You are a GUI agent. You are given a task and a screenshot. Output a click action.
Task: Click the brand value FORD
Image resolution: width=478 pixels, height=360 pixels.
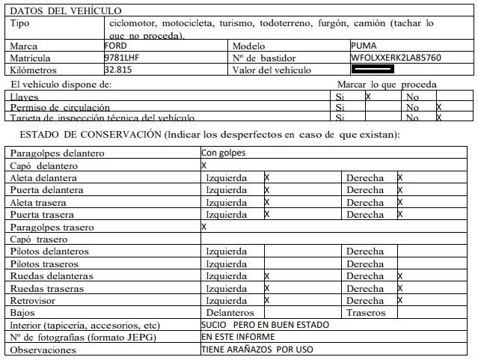pos(115,46)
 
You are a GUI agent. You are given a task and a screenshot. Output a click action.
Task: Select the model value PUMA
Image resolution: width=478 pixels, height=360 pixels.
pos(364,46)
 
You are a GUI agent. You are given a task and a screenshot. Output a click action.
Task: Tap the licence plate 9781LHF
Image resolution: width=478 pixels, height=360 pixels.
pos(122,57)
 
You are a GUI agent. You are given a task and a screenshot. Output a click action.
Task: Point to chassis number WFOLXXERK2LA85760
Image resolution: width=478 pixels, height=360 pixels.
pos(396,57)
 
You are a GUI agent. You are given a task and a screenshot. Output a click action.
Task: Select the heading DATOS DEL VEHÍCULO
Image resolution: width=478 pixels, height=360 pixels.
pos(66,11)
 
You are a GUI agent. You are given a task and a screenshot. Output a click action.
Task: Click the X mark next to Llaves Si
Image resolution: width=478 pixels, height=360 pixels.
pos(368,97)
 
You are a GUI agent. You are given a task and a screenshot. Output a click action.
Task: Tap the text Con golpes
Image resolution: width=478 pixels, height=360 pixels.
pos(223,153)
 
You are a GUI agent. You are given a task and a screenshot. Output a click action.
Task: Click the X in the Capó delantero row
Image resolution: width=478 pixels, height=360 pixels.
pos(204,165)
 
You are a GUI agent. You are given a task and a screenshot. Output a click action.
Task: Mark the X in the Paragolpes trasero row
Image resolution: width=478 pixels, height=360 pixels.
pos(204,226)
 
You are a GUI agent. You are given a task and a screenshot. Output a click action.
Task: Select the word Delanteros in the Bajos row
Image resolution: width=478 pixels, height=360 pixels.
pos(230,312)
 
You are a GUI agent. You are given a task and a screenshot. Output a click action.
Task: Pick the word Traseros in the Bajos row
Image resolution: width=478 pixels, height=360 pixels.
pos(366,312)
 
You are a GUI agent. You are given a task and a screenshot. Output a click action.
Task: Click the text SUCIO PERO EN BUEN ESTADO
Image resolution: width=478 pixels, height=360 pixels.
pos(265,325)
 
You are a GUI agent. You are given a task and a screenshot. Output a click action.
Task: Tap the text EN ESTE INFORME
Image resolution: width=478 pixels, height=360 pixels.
pos(233,337)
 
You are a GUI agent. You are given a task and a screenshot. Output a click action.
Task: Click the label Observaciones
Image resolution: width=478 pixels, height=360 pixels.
pos(42,350)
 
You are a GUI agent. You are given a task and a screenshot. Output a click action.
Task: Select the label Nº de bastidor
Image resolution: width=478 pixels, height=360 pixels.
pos(264,58)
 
